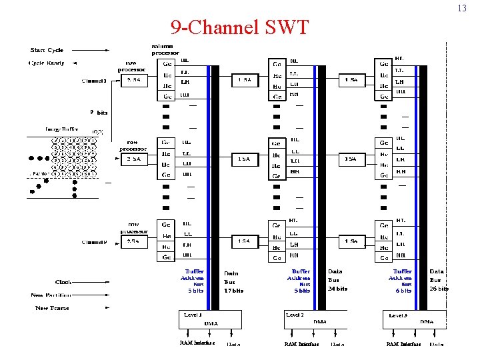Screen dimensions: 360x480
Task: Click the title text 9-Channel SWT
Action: pos(240,27)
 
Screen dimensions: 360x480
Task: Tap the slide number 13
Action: pos(461,9)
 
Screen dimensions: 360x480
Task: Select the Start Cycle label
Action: pos(47,50)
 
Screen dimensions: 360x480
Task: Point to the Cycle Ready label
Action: pos(46,63)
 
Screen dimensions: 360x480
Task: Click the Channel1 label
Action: pos(94,81)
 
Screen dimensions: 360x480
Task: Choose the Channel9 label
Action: pos(94,241)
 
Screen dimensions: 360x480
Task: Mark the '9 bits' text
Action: pos(99,113)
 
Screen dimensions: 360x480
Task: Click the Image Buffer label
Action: pos(62,131)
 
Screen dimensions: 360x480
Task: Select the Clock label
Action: pos(63,282)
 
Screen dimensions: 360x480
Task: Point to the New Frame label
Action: pos(52,308)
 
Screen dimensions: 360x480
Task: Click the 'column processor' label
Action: pos(165,49)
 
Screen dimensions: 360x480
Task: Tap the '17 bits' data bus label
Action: pos(233,291)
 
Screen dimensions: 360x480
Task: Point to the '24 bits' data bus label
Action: pos(337,289)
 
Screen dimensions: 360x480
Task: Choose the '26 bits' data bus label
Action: pos(439,289)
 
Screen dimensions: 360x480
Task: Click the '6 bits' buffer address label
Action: pos(403,291)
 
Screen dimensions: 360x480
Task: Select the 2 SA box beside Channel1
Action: pos(134,81)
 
